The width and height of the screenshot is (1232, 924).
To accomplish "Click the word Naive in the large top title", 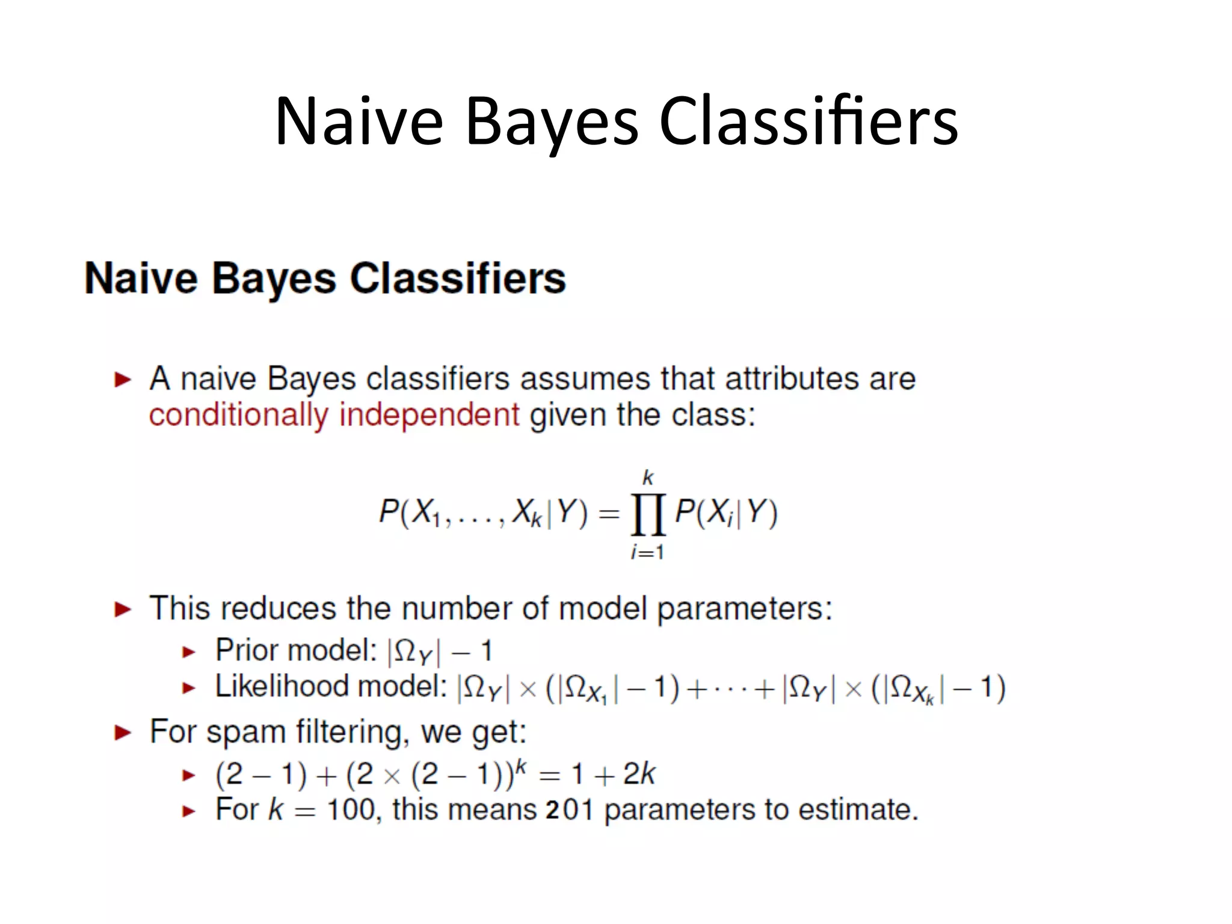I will coord(359,122).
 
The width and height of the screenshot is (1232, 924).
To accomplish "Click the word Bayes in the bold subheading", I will coord(274,279).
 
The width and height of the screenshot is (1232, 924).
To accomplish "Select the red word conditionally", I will coord(238,416).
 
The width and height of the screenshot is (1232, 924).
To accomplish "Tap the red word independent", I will coord(429,415).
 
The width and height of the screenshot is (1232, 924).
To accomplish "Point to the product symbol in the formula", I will coord(648,514).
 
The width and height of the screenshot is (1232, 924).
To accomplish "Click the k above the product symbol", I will coord(648,478).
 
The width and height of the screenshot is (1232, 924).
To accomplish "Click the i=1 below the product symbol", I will coord(647,552).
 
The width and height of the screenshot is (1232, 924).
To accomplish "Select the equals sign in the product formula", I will coord(609,514).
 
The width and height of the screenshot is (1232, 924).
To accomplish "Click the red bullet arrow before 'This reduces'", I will coord(123,609).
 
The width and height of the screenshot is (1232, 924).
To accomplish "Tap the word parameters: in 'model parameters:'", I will coord(744,609).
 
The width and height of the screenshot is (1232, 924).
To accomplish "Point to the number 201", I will coord(570,810).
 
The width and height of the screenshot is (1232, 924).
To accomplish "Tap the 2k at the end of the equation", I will coord(638,774).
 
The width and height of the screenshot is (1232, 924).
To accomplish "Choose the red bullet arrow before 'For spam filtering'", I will coord(123,733).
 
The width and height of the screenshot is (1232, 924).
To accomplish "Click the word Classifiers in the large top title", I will coord(808,122).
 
